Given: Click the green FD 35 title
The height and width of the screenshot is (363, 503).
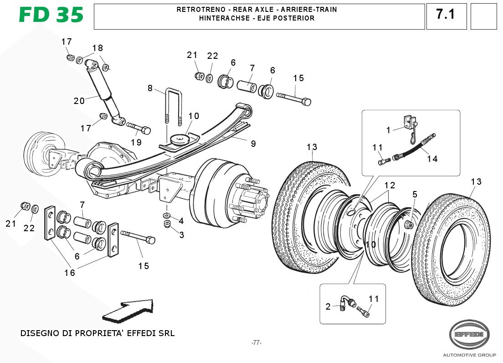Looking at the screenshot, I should coord(51,16).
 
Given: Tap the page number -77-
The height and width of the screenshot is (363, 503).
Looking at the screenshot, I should coord(257,342).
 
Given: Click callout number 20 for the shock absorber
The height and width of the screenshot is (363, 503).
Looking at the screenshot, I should coord(79,101).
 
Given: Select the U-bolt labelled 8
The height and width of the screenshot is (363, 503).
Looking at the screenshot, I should coord(174,105).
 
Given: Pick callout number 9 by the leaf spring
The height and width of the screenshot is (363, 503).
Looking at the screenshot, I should coord(253,144).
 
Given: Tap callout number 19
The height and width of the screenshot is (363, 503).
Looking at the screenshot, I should coord(136,142).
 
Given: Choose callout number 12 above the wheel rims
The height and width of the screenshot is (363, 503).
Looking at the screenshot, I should coord(390,186).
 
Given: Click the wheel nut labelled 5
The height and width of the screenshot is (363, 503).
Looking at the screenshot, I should coord(409,224).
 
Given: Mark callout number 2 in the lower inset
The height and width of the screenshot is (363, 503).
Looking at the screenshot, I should coord(328,306).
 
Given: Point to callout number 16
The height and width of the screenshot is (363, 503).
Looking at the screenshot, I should coord(69,273).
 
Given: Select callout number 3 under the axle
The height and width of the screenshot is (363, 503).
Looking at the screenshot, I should coord(181,235).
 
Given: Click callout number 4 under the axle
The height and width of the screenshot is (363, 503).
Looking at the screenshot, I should coord(181,221).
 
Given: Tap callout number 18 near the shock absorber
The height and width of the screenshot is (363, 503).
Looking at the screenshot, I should coord(98,48).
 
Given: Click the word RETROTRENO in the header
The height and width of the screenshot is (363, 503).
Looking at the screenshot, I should coord(198,10).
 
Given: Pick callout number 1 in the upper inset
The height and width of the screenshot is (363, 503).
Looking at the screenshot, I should coord(388,130).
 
